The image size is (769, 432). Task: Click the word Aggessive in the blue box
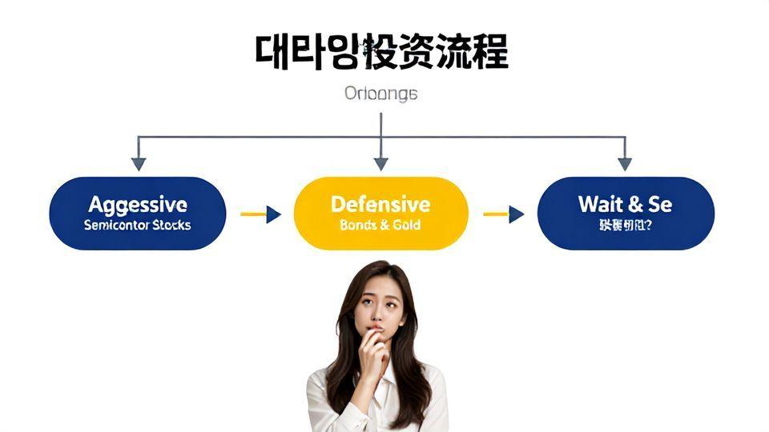coord(138,205)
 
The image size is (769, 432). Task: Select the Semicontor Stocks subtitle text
coord(138,226)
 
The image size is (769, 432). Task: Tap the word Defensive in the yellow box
coord(380,205)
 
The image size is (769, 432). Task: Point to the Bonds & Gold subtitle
coord(380,226)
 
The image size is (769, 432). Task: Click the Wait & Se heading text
coord(625,204)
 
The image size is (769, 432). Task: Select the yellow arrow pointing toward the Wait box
coord(504,214)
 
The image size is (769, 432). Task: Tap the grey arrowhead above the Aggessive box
coord(139,163)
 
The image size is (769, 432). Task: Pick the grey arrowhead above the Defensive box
coord(380,163)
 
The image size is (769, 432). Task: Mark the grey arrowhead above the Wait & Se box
coord(625,163)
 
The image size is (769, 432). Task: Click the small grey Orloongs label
coord(380,94)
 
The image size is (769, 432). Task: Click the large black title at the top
coord(381,52)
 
